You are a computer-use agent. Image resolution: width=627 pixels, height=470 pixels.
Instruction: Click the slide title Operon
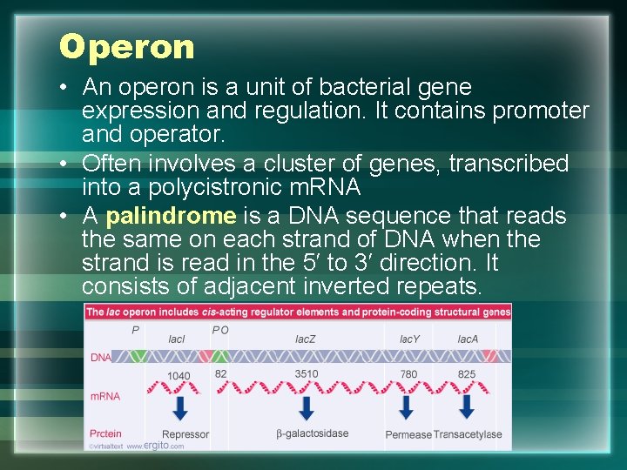coord(127,47)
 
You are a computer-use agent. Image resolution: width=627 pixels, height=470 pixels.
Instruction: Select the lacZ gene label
coord(306,339)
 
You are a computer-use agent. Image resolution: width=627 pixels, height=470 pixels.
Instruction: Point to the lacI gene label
coord(177,339)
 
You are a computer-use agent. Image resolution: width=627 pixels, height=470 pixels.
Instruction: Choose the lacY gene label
coord(409,339)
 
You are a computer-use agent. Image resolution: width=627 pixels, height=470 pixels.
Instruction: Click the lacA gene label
coord(468,339)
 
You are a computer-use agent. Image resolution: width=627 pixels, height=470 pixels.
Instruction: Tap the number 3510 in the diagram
coord(307,375)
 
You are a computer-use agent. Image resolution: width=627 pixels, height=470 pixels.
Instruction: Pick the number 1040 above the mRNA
coord(179,376)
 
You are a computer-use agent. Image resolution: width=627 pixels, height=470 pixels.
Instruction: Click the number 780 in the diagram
coord(408,375)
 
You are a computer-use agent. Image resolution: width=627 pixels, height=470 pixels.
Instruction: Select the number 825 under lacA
coord(467,375)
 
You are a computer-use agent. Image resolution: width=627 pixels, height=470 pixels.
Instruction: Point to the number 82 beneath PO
coord(220,373)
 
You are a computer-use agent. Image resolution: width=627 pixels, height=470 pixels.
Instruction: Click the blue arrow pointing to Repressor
coord(180,407)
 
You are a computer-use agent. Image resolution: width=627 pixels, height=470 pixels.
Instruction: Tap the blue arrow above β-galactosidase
coord(307,407)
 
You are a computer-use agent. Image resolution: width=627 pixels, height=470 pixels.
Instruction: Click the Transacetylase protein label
coord(468,434)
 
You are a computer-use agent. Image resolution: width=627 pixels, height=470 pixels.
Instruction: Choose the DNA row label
coord(100,357)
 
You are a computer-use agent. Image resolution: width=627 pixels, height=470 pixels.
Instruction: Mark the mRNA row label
coord(104,396)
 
